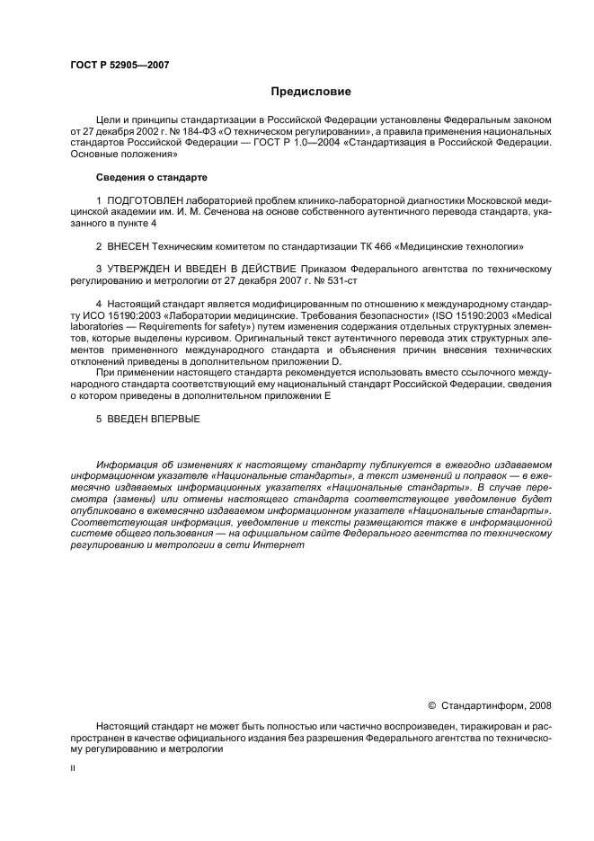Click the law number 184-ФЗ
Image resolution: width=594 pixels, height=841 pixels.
pyautogui.click(x=211, y=131)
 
